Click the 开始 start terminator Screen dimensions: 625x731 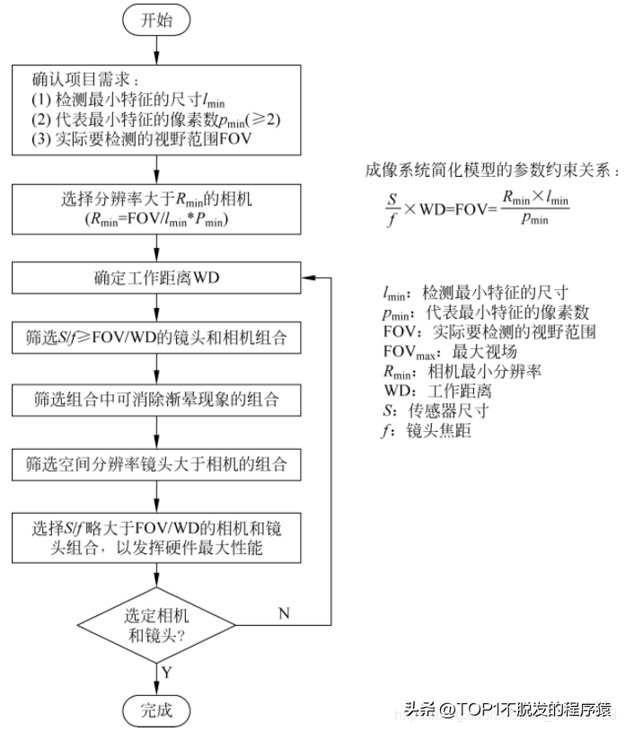click(156, 20)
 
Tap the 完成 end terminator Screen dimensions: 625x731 click(156, 711)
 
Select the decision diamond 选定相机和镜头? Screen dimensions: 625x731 click(156, 625)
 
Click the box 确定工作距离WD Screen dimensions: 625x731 click(156, 277)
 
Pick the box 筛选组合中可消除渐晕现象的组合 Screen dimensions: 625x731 click(156, 400)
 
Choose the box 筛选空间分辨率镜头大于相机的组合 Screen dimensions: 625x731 click(156, 464)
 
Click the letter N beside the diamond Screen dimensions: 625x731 click(284, 613)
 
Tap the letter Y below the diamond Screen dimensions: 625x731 click(167, 673)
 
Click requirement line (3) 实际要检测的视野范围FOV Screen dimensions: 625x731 click(142, 139)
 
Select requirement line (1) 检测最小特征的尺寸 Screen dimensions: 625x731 click(128, 100)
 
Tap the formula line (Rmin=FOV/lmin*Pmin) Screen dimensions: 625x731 click(156, 219)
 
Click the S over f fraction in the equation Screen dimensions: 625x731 click(392, 209)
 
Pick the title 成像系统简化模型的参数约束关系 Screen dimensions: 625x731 click(492, 170)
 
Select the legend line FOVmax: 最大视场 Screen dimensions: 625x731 click(450, 352)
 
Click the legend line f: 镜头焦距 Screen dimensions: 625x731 click(427, 431)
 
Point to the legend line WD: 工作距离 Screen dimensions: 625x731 click(437, 392)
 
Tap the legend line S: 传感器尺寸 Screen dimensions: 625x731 click(436, 410)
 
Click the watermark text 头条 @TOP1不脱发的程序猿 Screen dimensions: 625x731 click(507, 709)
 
